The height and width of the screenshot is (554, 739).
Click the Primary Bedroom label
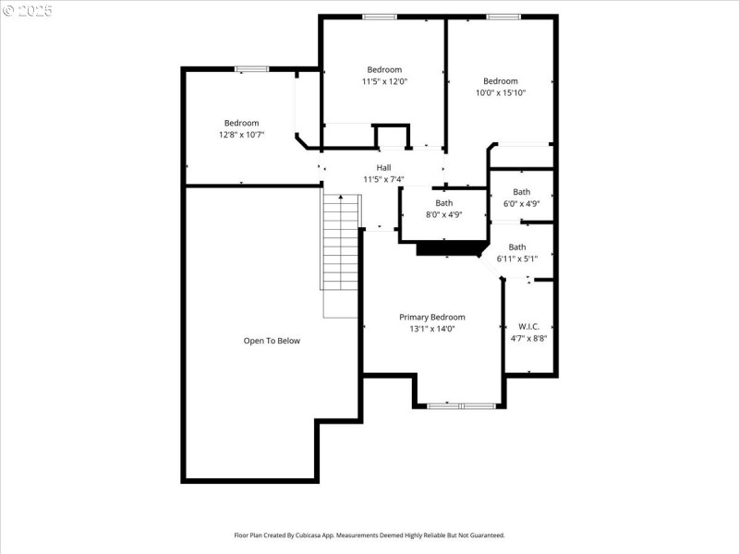click(431, 317)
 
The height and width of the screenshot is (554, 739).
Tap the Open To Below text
click(272, 341)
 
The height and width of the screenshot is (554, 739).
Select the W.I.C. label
click(528, 326)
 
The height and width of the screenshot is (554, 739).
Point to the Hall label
click(383, 167)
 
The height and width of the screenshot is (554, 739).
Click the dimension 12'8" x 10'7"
click(241, 135)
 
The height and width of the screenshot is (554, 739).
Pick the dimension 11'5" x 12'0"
click(384, 81)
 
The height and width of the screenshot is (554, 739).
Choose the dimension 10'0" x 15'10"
click(500, 92)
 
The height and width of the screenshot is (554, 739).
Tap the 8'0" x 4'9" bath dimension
click(444, 214)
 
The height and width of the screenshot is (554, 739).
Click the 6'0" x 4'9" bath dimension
click(522, 203)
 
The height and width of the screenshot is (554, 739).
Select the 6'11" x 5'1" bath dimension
click(517, 259)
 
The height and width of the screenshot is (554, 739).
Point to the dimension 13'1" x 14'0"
click(431, 329)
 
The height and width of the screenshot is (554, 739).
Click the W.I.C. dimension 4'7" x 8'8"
click(528, 338)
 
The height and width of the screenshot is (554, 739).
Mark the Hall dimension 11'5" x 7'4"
click(383, 179)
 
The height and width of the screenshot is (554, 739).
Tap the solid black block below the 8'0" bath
click(451, 248)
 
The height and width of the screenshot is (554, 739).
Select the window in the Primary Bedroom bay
click(460, 405)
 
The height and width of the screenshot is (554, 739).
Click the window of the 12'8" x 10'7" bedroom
click(251, 68)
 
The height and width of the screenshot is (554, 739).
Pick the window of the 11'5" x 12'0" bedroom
click(379, 17)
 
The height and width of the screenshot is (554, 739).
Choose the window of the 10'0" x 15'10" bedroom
click(502, 17)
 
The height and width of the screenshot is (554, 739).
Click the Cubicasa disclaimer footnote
click(369, 535)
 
